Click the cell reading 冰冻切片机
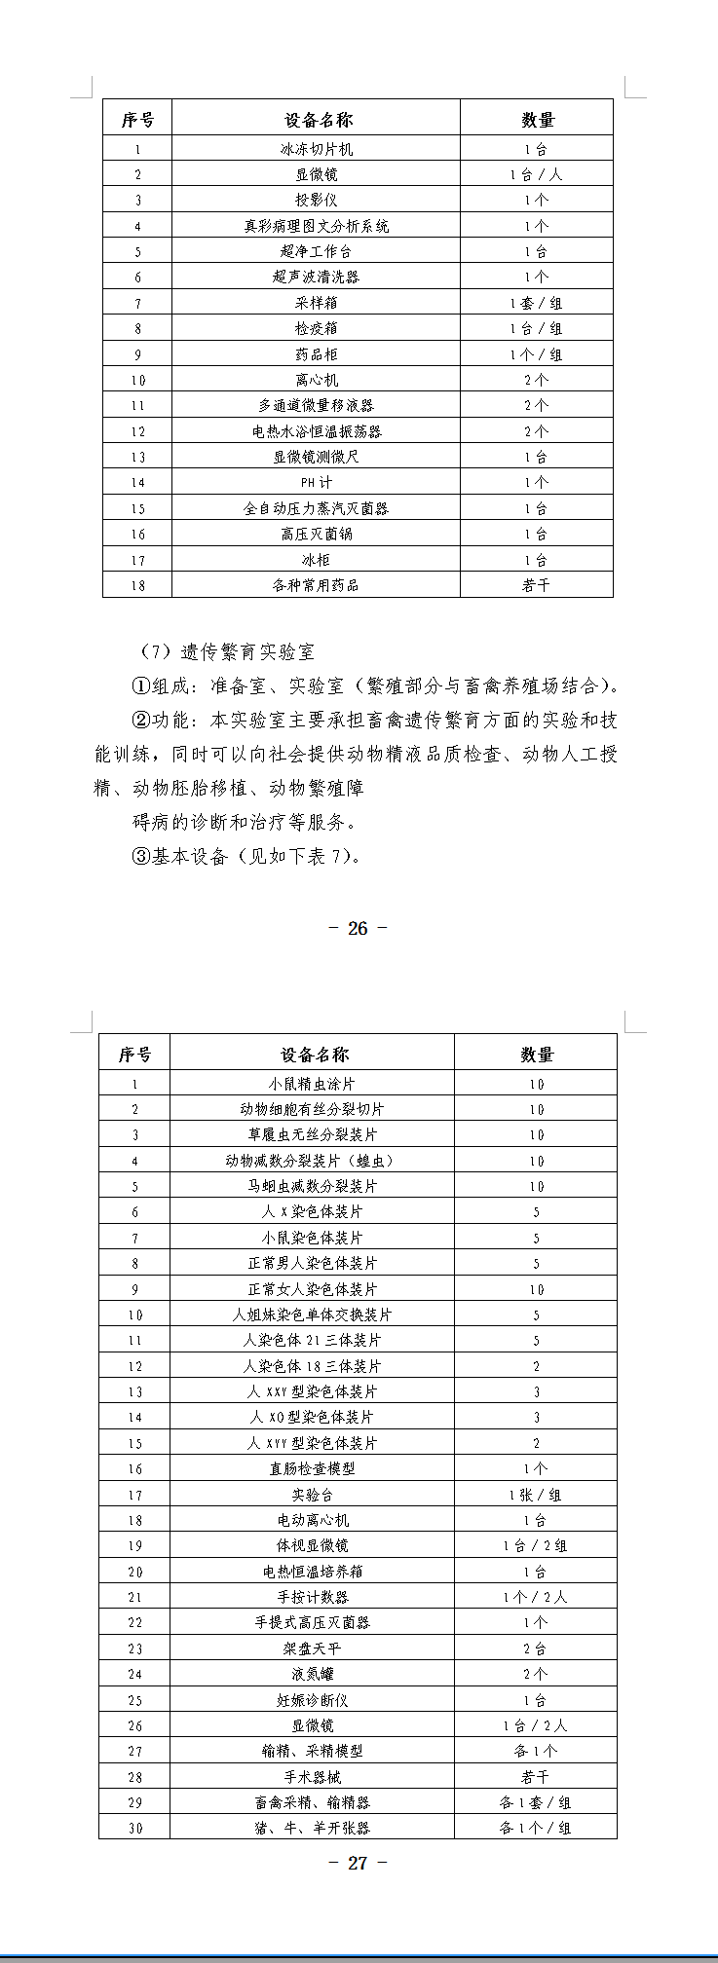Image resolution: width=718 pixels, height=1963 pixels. pyautogui.click(x=316, y=149)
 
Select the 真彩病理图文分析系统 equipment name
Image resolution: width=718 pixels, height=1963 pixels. pyautogui.click(x=316, y=226)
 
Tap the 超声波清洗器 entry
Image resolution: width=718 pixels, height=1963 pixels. pyautogui.click(x=316, y=278)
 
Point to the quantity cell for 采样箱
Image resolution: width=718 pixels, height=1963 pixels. pyautogui.click(x=536, y=303)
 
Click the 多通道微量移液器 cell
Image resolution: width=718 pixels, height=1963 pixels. pyautogui.click(x=316, y=406)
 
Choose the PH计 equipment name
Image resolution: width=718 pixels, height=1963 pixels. pyautogui.click(x=316, y=483)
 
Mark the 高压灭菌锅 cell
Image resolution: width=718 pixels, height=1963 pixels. pyautogui.click(x=316, y=535)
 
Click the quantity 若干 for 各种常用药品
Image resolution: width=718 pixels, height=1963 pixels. pyautogui.click(x=536, y=585)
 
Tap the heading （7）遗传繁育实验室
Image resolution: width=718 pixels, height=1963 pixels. pyautogui.click(x=228, y=652)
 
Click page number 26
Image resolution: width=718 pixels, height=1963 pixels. pyautogui.click(x=358, y=928)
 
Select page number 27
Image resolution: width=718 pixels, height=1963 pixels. pyautogui.click(x=358, y=1863)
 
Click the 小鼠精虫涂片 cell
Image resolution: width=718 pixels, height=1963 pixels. pyautogui.click(x=312, y=1084)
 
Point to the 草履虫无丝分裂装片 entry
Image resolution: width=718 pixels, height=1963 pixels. pyautogui.click(x=312, y=1135)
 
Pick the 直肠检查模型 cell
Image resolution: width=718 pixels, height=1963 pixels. pyautogui.click(x=312, y=1469)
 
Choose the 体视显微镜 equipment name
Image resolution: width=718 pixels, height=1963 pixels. pyautogui.click(x=312, y=1546)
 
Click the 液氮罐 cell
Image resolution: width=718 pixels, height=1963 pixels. pyautogui.click(x=312, y=1675)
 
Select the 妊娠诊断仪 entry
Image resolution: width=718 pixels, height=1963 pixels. pyautogui.click(x=312, y=1701)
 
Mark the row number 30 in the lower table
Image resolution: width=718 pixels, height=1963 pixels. pyautogui.click(x=135, y=1829)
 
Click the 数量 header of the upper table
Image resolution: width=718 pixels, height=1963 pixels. pyautogui.click(x=537, y=120)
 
